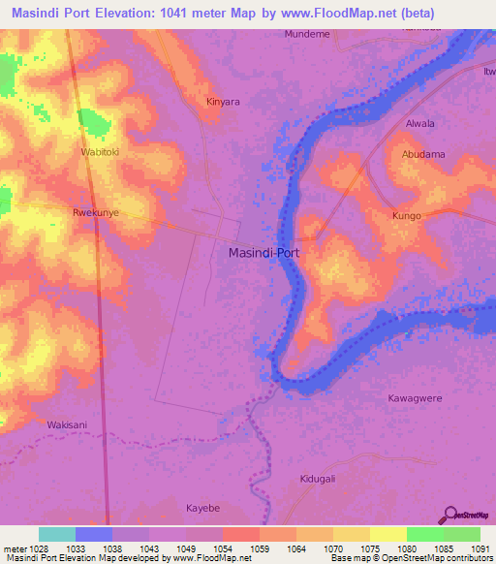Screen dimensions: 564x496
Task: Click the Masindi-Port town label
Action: point(264,253)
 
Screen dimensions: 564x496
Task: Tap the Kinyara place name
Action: point(223,101)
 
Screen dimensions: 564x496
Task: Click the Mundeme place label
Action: point(306,34)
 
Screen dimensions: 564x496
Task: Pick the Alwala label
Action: point(420,124)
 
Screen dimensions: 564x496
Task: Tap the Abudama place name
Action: point(422,154)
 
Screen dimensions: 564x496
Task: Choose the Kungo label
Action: point(407,216)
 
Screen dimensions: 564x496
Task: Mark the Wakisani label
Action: point(67,424)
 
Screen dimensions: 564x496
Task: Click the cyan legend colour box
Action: point(56,534)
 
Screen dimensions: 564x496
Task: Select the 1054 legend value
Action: point(222,548)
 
